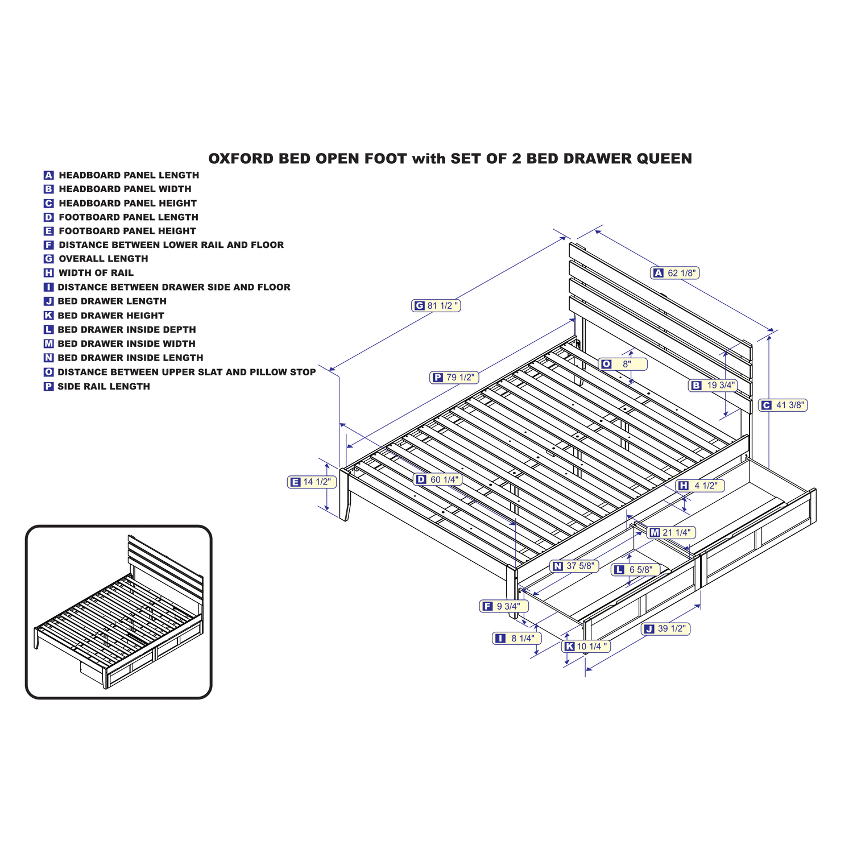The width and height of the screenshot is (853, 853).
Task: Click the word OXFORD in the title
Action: [x=241, y=159]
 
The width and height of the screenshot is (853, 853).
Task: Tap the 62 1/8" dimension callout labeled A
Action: [x=674, y=273]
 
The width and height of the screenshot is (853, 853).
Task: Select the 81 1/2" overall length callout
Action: [x=436, y=306]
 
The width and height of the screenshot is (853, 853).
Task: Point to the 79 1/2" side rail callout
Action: [x=454, y=377]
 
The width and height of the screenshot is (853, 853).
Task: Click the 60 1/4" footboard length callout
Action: [x=437, y=479]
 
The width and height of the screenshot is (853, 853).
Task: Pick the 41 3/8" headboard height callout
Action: [x=783, y=405]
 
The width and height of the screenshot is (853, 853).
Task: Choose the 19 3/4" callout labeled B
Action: [x=713, y=385]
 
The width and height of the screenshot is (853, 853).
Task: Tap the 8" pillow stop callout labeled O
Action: [x=623, y=364]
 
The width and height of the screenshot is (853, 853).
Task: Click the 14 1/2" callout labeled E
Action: [x=312, y=482]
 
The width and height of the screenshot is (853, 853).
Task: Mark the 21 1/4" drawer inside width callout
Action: [x=670, y=532]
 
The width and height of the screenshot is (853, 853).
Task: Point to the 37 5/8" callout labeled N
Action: [x=574, y=566]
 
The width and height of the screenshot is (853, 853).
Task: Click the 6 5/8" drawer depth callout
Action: [x=636, y=569]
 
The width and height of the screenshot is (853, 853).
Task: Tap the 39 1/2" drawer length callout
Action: [x=665, y=628]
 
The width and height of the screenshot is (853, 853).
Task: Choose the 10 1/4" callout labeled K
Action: [x=586, y=646]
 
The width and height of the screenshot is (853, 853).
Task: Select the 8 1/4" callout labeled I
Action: [x=516, y=638]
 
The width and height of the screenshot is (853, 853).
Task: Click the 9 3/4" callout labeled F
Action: [x=504, y=606]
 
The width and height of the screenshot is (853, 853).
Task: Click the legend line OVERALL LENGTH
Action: [x=96, y=259]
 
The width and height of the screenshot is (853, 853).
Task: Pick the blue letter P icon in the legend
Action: [x=49, y=387]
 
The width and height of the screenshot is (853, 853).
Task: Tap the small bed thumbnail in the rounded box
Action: [x=119, y=612]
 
